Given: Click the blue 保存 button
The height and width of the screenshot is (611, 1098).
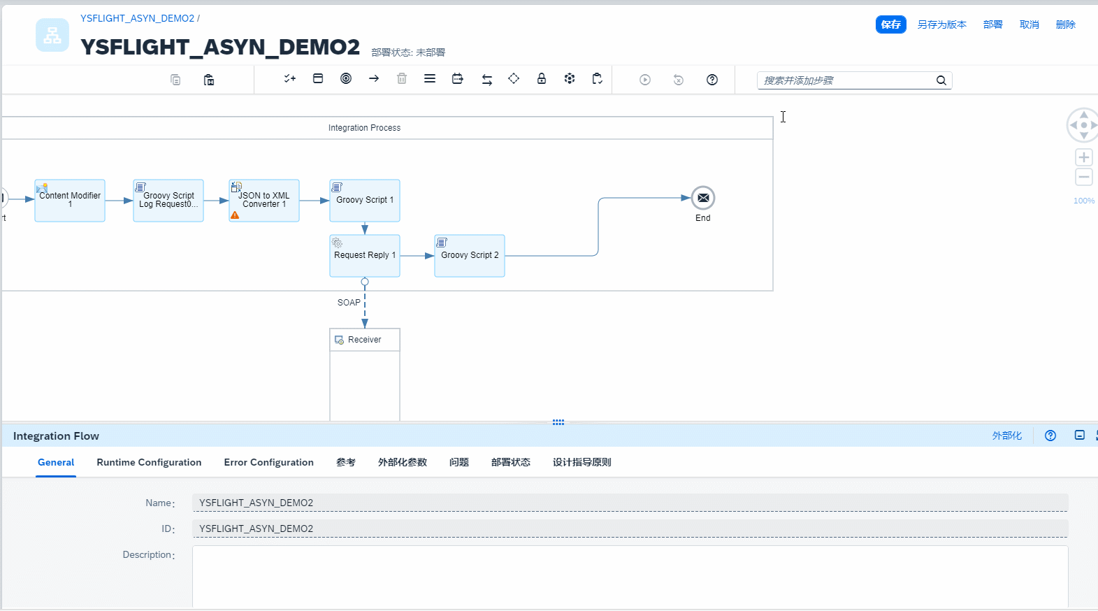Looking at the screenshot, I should pyautogui.click(x=890, y=24).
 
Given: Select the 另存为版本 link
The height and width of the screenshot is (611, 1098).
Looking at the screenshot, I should pyautogui.click(x=941, y=24).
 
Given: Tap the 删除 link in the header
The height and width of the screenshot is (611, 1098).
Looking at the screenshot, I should pyautogui.click(x=1065, y=24).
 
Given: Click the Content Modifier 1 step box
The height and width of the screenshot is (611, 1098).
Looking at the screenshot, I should pyautogui.click(x=70, y=201).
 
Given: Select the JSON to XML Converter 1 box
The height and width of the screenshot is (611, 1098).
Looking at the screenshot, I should pyautogui.click(x=264, y=201).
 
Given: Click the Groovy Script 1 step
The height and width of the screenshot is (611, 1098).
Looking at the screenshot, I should pyautogui.click(x=365, y=201).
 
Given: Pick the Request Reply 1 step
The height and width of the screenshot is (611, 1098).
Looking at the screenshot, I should pyautogui.click(x=365, y=256).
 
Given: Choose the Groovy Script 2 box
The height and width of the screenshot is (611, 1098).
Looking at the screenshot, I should pyautogui.click(x=470, y=256).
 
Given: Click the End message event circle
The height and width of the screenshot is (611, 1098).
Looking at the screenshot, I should pyautogui.click(x=703, y=198).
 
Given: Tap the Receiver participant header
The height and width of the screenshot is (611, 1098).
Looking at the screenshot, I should pyautogui.click(x=365, y=340).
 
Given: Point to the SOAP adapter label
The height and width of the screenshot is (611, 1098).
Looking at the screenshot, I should pyautogui.click(x=349, y=303).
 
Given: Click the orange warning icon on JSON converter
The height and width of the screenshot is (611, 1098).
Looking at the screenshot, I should pyautogui.click(x=235, y=215).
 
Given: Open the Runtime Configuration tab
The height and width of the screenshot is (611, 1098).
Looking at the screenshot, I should pyautogui.click(x=149, y=462).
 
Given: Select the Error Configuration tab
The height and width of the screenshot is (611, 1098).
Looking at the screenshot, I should pyautogui.click(x=268, y=462).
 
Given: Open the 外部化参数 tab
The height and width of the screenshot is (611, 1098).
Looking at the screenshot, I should pyautogui.click(x=402, y=462).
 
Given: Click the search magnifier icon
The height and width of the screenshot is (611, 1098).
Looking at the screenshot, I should pyautogui.click(x=941, y=80).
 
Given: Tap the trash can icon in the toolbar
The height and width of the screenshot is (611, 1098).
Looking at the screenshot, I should pyautogui.click(x=402, y=79).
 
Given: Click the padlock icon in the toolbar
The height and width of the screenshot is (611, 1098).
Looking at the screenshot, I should pyautogui.click(x=542, y=79).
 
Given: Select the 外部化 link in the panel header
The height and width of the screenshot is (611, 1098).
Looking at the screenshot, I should pyautogui.click(x=1006, y=436).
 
